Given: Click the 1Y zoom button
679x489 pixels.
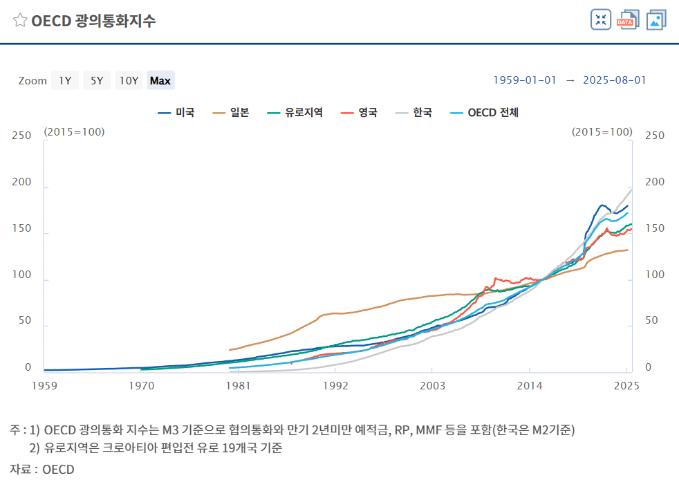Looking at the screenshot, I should [65, 80].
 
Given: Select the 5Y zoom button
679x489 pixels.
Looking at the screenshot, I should [97, 80].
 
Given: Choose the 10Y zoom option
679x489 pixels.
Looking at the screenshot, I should [129, 80].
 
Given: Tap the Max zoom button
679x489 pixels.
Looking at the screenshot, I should [160, 80].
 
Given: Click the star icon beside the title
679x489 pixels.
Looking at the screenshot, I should [20, 21].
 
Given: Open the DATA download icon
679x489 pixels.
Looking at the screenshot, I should [629, 20].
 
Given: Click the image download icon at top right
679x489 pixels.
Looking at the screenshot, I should [655, 20].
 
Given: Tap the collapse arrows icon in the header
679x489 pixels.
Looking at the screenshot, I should [601, 20].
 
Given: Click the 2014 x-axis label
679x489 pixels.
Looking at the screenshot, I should [530, 386].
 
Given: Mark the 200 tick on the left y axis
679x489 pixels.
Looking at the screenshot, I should [24, 182].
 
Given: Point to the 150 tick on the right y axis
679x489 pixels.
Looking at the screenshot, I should [654, 228].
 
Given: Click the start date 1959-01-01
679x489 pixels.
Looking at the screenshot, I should [525, 80].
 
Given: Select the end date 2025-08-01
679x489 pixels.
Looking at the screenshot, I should [615, 80].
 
